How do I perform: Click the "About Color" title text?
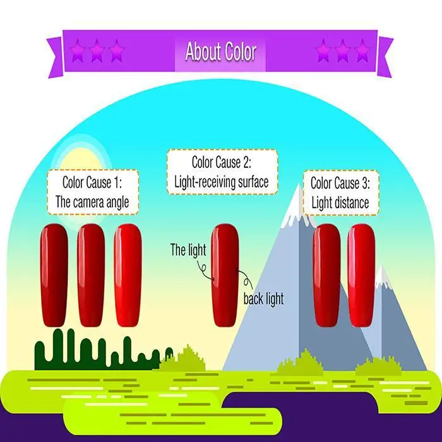click(x=220, y=51)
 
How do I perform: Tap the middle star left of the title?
click(x=96, y=51)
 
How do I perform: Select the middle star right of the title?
click(x=342, y=51)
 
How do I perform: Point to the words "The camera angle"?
click(x=92, y=203)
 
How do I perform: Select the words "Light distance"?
click(x=340, y=203)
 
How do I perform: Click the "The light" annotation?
click(x=188, y=250)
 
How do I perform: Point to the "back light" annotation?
click(x=263, y=299)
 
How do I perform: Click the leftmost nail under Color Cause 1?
click(x=54, y=275)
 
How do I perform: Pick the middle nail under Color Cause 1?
click(x=90, y=275)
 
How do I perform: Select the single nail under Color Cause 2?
click(x=224, y=275)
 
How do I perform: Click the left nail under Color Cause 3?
click(x=326, y=275)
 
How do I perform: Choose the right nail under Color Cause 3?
click(x=361, y=275)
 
